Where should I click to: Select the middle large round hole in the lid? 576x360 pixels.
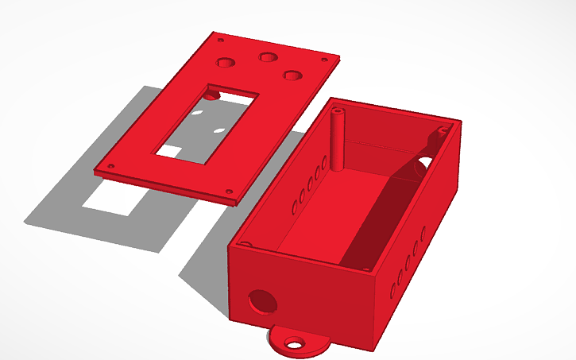coord(267,56)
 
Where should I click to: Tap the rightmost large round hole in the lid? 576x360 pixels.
coord(293,75)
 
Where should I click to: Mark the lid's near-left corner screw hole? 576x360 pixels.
coord(110,166)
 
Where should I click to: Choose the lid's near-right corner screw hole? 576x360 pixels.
coord(230,191)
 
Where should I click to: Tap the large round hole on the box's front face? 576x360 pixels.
coord(261,301)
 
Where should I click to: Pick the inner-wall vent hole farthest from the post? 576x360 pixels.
coord(295,207)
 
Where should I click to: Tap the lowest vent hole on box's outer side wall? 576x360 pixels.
coord(392,289)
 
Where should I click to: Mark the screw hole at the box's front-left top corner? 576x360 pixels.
coord(246,245)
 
